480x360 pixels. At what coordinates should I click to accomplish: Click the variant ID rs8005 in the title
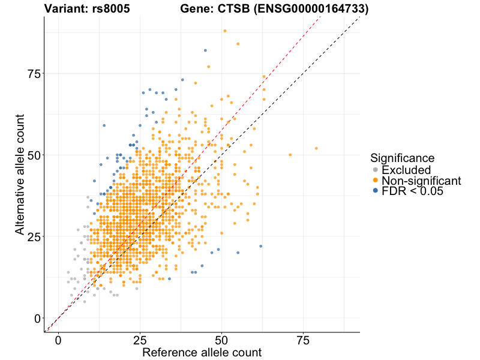(113, 9)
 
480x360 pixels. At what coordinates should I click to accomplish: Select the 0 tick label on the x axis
(58, 340)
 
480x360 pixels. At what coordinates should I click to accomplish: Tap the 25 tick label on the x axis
(140, 340)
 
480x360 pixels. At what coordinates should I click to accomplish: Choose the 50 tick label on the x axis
(222, 340)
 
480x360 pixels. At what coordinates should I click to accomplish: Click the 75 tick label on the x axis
(304, 340)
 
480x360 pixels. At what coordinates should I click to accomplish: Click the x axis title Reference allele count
(202, 352)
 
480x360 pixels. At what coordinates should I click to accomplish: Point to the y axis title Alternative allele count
(20, 175)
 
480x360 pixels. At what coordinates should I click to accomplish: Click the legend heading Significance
(403, 158)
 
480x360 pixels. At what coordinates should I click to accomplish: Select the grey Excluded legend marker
(375, 170)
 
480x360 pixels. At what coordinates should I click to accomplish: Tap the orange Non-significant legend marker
(375, 181)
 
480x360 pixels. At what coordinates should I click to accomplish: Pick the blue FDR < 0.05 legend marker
(375, 191)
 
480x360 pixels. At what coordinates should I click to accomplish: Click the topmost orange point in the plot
(225, 31)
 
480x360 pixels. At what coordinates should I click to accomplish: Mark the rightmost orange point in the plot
(316, 148)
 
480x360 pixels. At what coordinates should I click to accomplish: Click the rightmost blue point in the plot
(260, 246)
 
